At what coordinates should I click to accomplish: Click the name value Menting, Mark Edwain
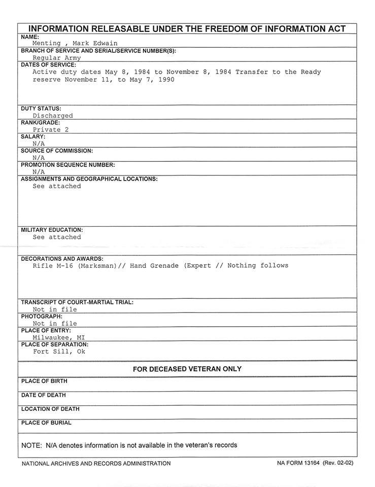point(75,44)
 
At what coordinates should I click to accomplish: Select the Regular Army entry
point(56,58)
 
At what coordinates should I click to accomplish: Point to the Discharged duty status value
point(53,116)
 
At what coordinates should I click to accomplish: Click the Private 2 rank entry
point(51,130)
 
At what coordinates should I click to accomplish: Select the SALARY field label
point(33,137)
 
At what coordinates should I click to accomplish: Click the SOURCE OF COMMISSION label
point(57,151)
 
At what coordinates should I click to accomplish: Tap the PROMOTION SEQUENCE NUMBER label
point(68,165)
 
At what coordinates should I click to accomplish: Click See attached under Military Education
point(57,237)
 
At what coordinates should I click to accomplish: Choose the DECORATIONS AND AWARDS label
point(62,259)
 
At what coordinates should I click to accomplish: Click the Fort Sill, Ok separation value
point(59,352)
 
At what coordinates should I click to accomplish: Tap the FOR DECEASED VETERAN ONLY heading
point(187,369)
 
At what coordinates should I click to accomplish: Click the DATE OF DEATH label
point(43,395)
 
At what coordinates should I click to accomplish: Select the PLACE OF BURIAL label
point(46,423)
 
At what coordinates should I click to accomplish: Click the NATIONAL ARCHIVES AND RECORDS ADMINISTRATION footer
point(96,463)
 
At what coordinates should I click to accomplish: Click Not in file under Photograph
point(55,324)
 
